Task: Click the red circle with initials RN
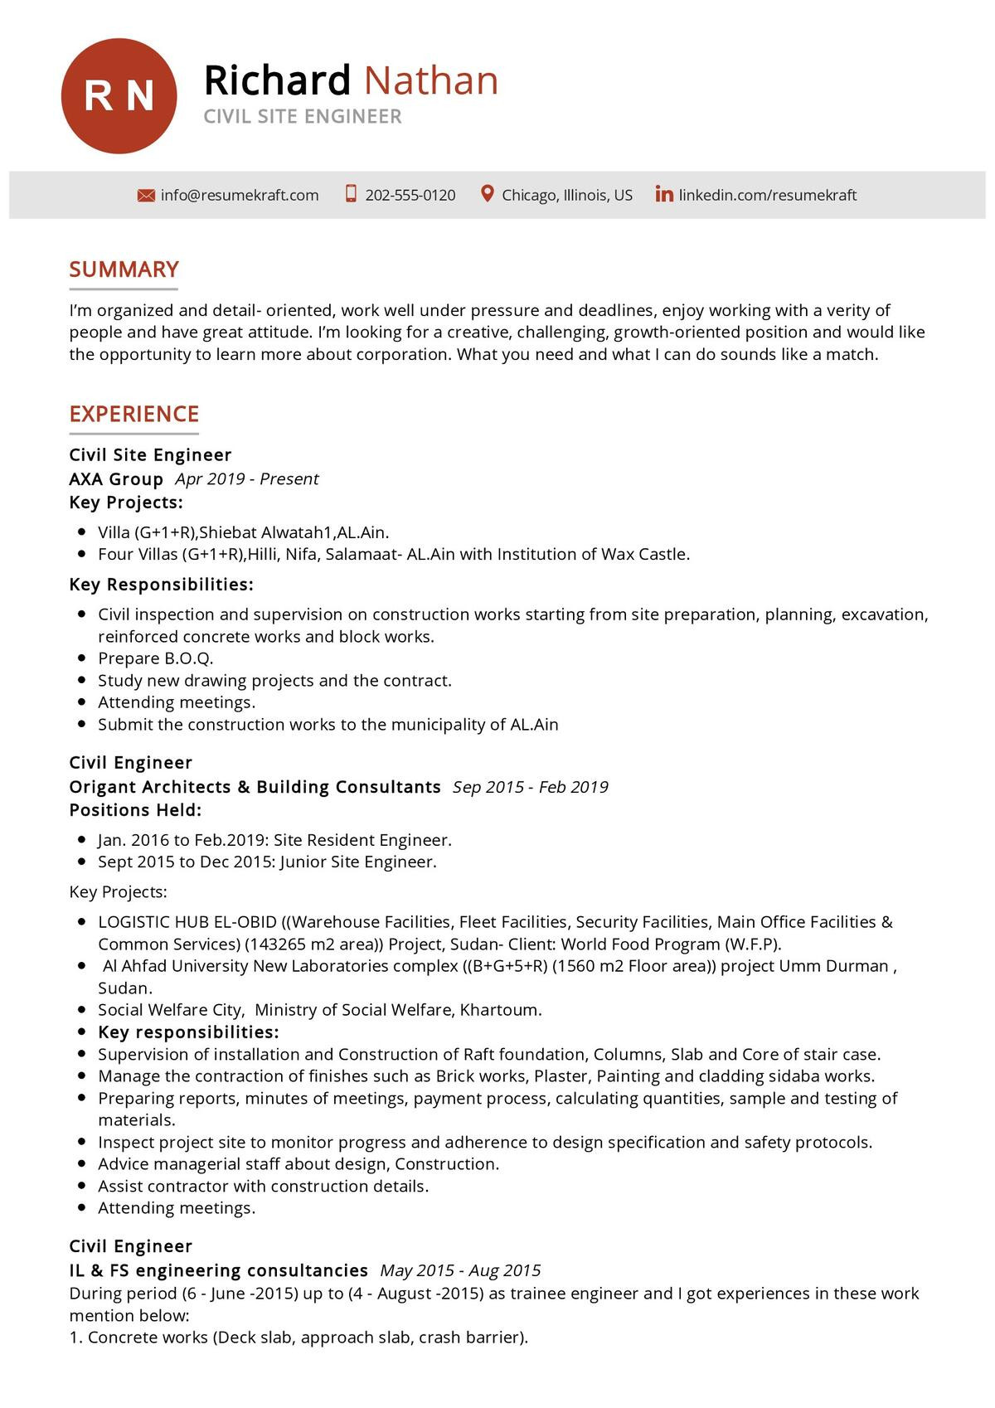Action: tap(119, 95)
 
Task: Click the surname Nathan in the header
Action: tap(430, 80)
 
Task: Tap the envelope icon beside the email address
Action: tap(146, 196)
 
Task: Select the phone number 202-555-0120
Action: tap(410, 196)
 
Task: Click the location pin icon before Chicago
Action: tap(488, 194)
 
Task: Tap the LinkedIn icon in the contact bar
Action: tap(664, 194)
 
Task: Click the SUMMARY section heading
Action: tap(124, 269)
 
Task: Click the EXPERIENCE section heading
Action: tap(133, 414)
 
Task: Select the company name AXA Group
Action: tap(116, 479)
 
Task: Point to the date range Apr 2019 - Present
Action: tap(246, 479)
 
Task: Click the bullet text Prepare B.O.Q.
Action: tap(156, 658)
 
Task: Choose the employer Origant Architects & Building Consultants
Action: tap(255, 787)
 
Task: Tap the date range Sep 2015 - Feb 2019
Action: tap(530, 787)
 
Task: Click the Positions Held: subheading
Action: tap(135, 810)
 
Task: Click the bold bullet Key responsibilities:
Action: tap(188, 1032)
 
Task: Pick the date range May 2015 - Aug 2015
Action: tap(460, 1270)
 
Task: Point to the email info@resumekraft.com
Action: tap(240, 196)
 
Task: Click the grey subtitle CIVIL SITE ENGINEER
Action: tap(303, 117)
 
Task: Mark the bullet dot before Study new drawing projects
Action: tap(81, 680)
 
